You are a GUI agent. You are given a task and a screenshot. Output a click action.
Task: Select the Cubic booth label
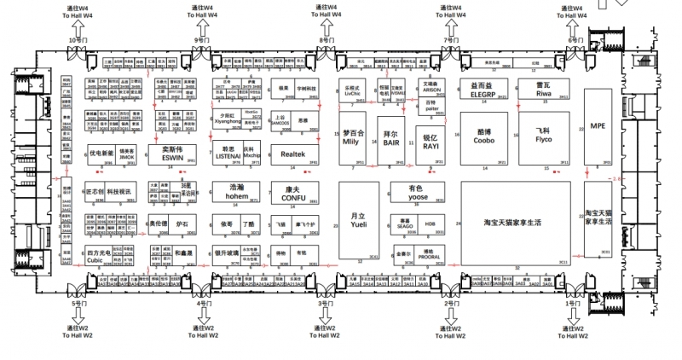pyautogui.click(x=98, y=259)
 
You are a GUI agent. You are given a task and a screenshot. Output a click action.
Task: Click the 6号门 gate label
pyautogui.click(x=576, y=40)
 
